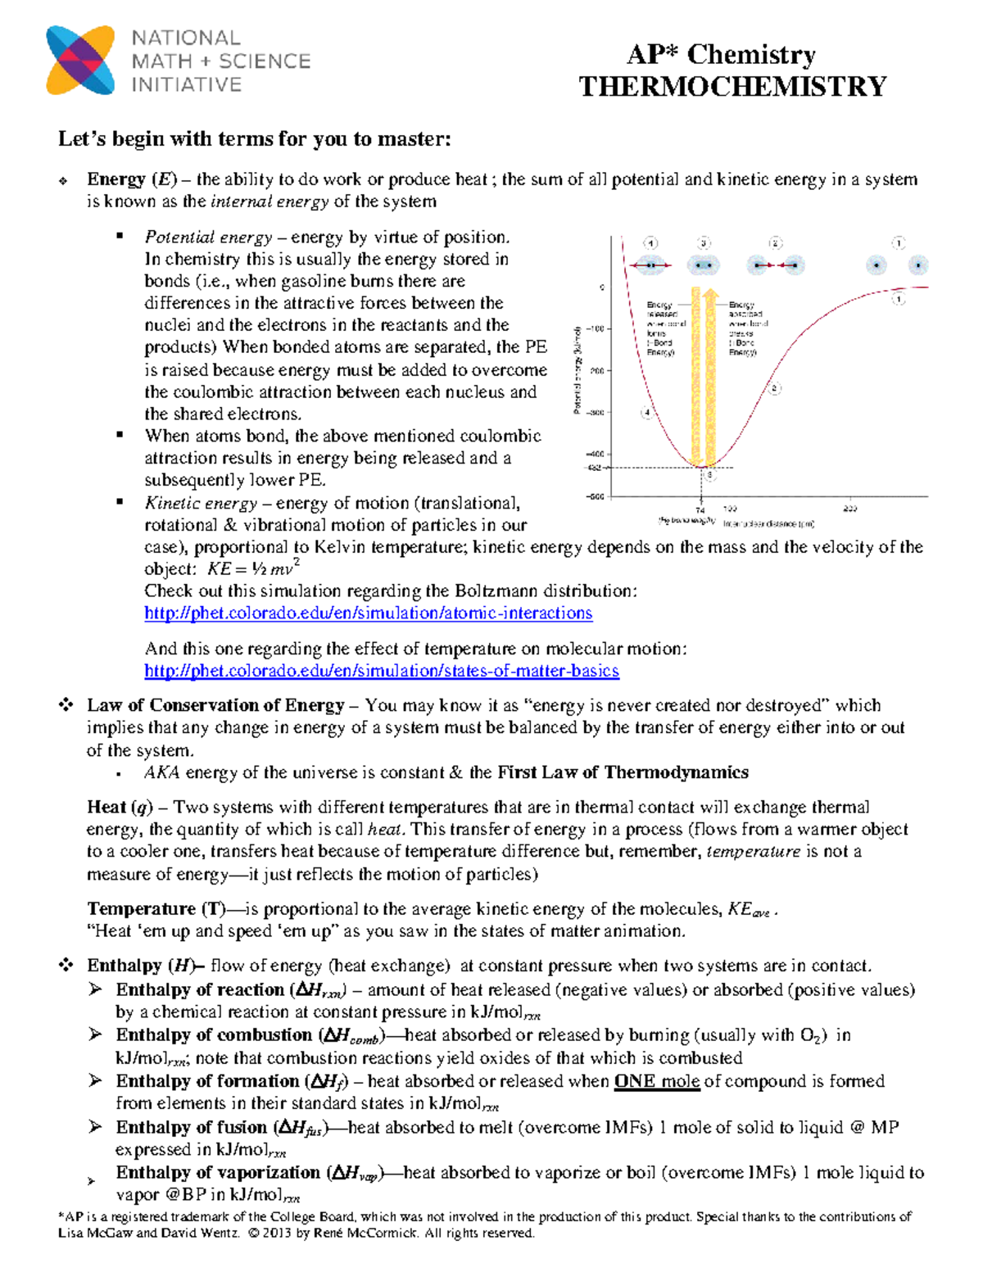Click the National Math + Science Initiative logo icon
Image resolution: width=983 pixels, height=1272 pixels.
point(80,60)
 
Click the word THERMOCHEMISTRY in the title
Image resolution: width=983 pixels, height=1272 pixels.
point(732,87)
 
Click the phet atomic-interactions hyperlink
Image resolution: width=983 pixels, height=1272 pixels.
point(368,613)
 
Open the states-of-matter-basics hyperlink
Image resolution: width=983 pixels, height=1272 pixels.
point(381,672)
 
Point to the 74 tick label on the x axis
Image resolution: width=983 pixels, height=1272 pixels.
point(700,509)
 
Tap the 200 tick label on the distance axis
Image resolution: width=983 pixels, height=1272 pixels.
point(849,509)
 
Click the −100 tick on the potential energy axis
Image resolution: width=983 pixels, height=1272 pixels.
point(595,328)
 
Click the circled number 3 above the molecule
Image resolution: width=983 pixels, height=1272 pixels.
point(704,243)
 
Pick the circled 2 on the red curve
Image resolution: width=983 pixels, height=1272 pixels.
point(775,388)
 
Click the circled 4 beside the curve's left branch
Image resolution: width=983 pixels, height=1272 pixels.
point(647,413)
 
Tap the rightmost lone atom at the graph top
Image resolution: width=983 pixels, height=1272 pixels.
point(918,265)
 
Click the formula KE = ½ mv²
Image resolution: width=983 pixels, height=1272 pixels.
point(253,568)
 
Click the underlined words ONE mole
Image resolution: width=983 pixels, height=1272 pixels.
point(657,1081)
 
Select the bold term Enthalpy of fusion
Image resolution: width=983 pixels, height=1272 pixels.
point(193,1127)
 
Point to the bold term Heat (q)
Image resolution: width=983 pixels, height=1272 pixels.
point(120,808)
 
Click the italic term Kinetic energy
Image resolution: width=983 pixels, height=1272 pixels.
point(201,503)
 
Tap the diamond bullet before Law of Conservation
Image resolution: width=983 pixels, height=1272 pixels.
point(66,704)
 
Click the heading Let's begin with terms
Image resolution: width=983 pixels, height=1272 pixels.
point(254,139)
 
